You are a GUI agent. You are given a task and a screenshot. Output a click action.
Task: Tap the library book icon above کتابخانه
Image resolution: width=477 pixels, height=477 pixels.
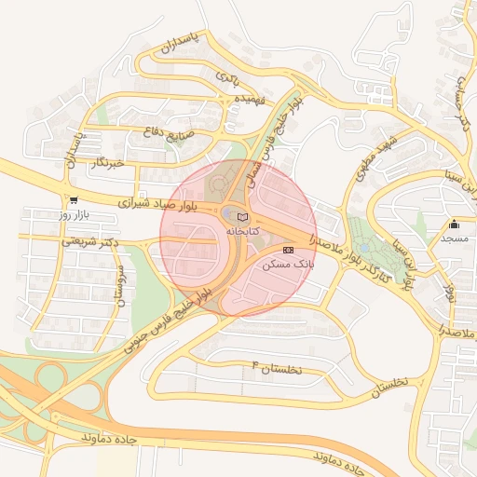coord(243,216)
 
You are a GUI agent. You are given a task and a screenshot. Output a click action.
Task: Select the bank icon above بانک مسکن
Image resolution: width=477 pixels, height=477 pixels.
coord(288,250)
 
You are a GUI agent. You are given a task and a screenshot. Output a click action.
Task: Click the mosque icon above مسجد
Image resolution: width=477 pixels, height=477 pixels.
coord(454,224)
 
